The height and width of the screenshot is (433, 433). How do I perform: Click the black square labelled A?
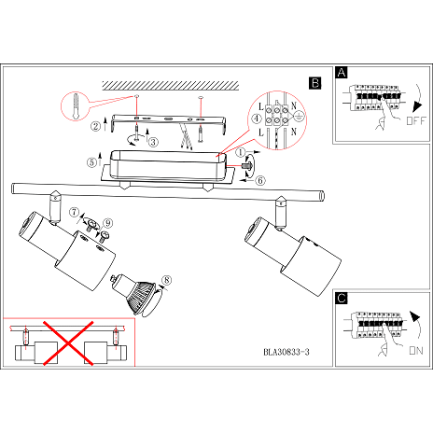(x=342, y=73)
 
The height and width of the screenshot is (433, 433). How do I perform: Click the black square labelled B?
(x=315, y=83)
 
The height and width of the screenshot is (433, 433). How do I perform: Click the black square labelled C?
(x=342, y=298)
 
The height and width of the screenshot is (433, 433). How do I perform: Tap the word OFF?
(x=416, y=120)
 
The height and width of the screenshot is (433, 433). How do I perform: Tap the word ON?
(x=416, y=351)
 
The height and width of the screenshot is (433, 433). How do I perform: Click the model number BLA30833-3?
(x=286, y=352)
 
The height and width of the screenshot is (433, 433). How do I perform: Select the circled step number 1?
(x=240, y=152)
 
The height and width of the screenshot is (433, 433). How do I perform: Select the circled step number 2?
(x=95, y=126)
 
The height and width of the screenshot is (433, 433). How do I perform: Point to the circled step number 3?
(x=153, y=142)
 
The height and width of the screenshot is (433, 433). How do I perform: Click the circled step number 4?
(x=257, y=119)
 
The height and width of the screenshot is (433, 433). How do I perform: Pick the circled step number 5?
(x=91, y=162)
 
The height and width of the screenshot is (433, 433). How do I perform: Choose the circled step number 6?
(x=260, y=180)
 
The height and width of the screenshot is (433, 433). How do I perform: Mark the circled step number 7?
(x=74, y=212)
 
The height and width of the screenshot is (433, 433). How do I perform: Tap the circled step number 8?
(x=167, y=280)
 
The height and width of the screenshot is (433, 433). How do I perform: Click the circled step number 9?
(x=108, y=223)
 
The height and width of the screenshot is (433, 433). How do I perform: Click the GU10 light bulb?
(x=134, y=293)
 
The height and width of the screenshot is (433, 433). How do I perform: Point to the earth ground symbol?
(x=299, y=117)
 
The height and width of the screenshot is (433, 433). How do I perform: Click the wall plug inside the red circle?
(x=76, y=106)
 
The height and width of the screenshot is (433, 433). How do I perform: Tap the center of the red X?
(x=68, y=343)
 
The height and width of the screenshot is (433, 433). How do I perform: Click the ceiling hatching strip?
(x=171, y=86)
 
